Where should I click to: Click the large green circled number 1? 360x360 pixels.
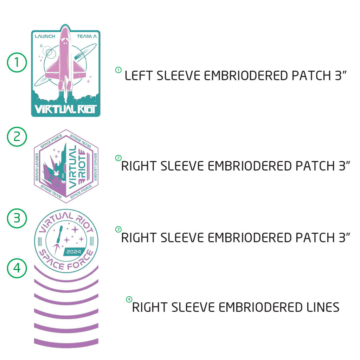[x=17, y=63]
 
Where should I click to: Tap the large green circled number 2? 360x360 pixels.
[x=17, y=136]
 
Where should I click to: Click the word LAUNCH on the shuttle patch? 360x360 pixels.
[x=45, y=36]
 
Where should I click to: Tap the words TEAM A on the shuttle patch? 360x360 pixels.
[x=86, y=36]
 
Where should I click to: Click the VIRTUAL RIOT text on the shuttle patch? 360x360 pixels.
[x=66, y=109]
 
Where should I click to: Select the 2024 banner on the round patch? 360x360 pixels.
[x=73, y=252]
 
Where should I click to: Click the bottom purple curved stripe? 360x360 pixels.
[x=66, y=341]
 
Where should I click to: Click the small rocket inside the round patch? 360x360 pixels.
[x=58, y=235]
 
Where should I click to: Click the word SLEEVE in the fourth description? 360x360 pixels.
[x=193, y=307]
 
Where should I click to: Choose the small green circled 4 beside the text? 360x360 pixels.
[x=129, y=300]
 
